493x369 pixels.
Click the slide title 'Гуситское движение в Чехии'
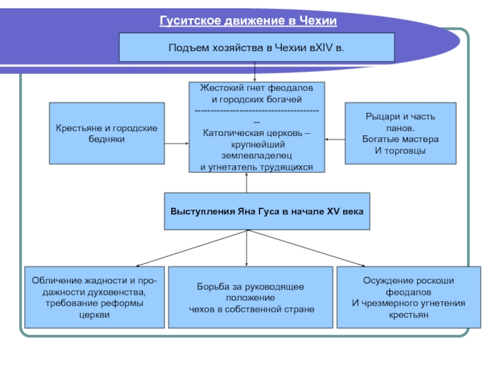click(248, 21)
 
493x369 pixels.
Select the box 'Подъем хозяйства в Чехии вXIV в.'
click(256, 47)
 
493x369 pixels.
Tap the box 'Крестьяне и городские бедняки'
click(107, 133)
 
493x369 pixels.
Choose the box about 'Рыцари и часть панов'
click(401, 133)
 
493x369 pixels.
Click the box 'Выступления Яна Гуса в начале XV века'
click(267, 211)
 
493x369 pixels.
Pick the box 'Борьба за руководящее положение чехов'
click(251, 298)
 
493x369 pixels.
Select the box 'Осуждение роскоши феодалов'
click(409, 298)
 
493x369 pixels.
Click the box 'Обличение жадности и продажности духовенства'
click(95, 298)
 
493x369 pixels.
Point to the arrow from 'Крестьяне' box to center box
click(177, 143)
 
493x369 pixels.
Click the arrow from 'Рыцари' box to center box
click(335, 140)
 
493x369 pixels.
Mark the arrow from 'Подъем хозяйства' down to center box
click(255, 72)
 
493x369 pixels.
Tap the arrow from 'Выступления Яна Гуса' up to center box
click(246, 183)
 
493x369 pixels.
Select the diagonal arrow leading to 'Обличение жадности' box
click(192, 248)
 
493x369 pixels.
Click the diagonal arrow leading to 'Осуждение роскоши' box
click(307, 248)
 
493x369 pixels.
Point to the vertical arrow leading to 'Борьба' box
click(246, 248)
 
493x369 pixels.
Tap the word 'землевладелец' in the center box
click(256, 156)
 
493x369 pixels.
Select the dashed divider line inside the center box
click(256, 111)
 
